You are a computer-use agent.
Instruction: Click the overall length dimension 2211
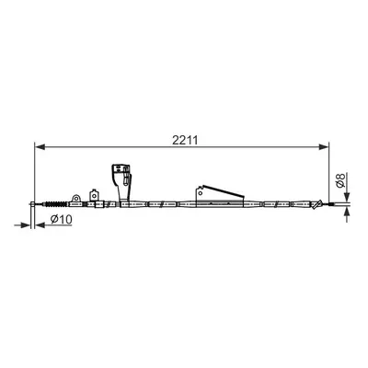(185, 140)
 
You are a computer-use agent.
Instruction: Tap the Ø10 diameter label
(62, 219)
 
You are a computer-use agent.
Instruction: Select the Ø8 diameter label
(340, 180)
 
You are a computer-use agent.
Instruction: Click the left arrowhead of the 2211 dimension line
(40, 147)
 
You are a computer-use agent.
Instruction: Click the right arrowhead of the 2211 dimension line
(323, 147)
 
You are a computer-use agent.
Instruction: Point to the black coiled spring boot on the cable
(56, 204)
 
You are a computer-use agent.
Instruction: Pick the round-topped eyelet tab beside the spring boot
(76, 199)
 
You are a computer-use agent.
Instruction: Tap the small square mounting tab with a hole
(94, 195)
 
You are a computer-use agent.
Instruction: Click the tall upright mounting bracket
(121, 184)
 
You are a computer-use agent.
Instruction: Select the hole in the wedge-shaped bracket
(201, 193)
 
